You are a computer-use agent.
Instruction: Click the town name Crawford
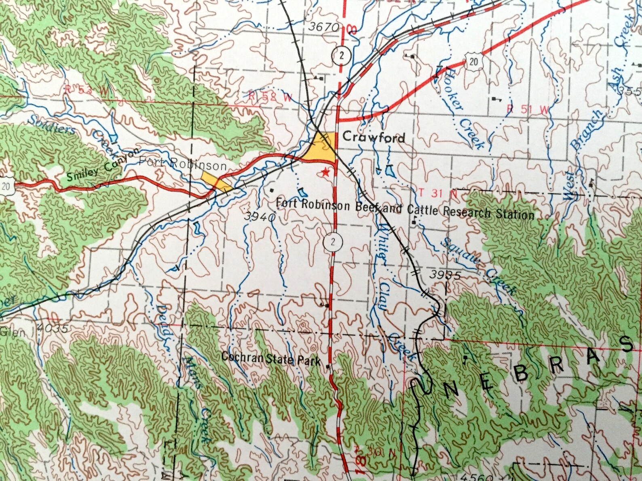tap(373, 137)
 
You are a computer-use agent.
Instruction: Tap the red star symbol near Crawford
tap(325, 173)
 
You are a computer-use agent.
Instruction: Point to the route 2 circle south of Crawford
tap(333, 242)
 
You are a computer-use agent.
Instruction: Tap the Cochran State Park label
tap(271, 358)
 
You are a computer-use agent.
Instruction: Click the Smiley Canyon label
tap(103, 166)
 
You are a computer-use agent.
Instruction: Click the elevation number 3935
tap(445, 275)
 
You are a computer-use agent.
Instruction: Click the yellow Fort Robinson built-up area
tap(216, 182)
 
